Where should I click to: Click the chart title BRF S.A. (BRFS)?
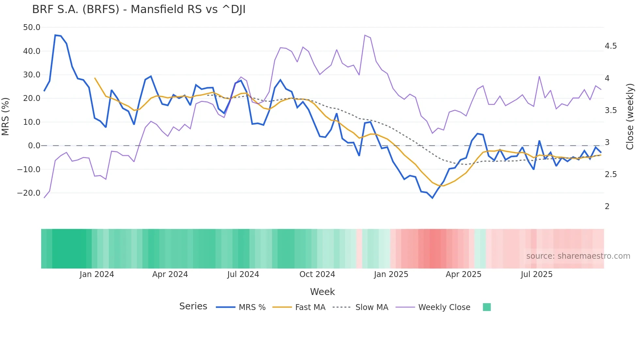pos(138,9)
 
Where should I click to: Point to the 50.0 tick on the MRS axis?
pos(32,27)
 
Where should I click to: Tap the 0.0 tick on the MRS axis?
pos(34,146)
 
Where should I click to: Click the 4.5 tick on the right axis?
pos(611,46)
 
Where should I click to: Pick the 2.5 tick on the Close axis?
pos(611,174)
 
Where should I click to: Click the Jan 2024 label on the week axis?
pos(97,274)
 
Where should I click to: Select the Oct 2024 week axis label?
pos(317,274)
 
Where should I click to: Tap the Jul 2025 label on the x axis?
pos(536,274)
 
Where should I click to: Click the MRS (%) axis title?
pos(6,116)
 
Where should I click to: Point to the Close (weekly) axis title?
pos(630,116)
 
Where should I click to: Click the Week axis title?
pos(322,292)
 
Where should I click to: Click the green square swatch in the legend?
pos(487,307)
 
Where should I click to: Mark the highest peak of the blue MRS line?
pos(55,35)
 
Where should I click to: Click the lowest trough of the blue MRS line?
pos(432,198)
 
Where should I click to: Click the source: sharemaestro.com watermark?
pos(578,256)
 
